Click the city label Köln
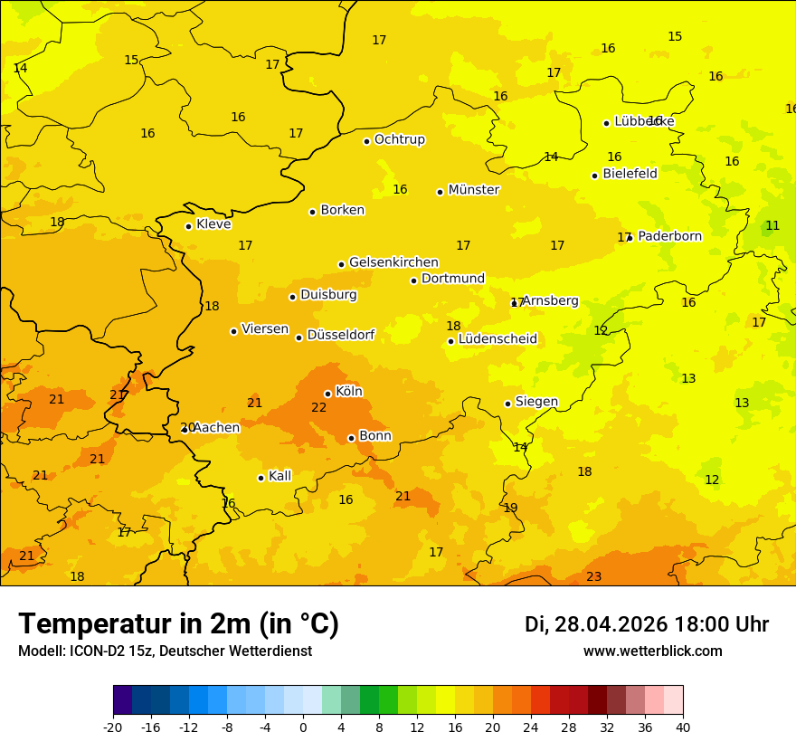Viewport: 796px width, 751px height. tap(349, 392)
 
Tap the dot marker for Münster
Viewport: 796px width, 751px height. tap(441, 192)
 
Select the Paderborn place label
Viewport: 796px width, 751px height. tap(669, 236)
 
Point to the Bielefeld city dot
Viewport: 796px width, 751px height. tap(594, 176)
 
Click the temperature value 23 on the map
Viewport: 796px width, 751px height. tap(593, 576)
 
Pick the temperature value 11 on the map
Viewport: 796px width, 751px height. tap(772, 225)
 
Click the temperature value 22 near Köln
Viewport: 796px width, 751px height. tap(318, 408)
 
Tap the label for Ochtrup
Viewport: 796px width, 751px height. tap(399, 139)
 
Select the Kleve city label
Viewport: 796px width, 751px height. tap(213, 224)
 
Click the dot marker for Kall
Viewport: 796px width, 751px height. tap(261, 478)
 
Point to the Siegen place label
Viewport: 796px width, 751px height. tap(536, 402)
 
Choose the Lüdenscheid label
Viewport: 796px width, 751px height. tap(497, 339)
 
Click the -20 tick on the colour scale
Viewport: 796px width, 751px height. tap(113, 727)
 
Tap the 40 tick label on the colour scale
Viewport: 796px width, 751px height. tap(682, 727)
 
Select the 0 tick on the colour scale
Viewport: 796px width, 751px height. tap(303, 727)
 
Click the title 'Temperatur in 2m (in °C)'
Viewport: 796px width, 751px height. tap(178, 623)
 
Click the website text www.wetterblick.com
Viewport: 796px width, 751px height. tap(652, 651)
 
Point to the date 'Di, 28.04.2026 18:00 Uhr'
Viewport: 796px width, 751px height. tap(646, 624)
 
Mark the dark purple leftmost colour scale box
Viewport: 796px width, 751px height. tap(122, 700)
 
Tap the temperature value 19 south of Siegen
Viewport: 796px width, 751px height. tap(510, 508)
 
